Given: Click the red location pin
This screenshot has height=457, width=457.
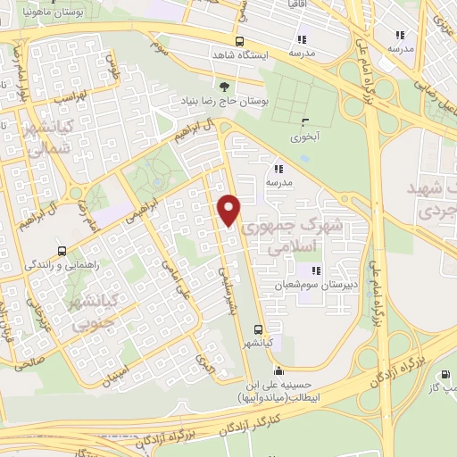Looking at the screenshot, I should (x=229, y=209).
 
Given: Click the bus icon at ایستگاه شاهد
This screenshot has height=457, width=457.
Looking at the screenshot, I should (x=238, y=41).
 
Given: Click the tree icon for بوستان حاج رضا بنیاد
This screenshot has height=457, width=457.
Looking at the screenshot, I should (x=223, y=87).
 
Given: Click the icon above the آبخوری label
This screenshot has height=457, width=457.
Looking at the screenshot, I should (x=306, y=123).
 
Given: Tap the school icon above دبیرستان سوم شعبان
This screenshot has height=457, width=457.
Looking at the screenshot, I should (x=314, y=270).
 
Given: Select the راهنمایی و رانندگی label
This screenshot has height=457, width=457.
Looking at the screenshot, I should (x=55, y=266).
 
